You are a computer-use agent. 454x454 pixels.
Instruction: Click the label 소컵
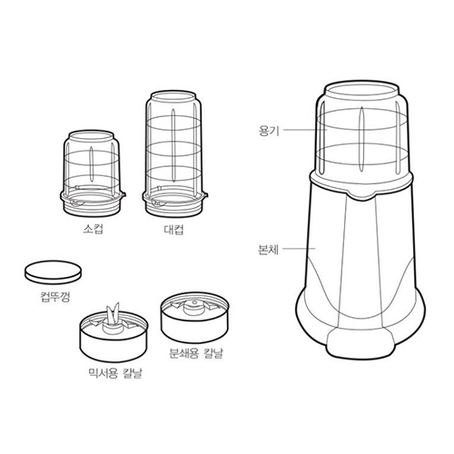93,230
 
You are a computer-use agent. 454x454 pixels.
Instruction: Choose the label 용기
269,131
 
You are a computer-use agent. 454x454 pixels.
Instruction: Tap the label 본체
269,246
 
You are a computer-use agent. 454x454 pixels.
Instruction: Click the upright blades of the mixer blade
113,311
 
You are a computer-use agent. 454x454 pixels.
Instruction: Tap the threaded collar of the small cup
92,197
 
